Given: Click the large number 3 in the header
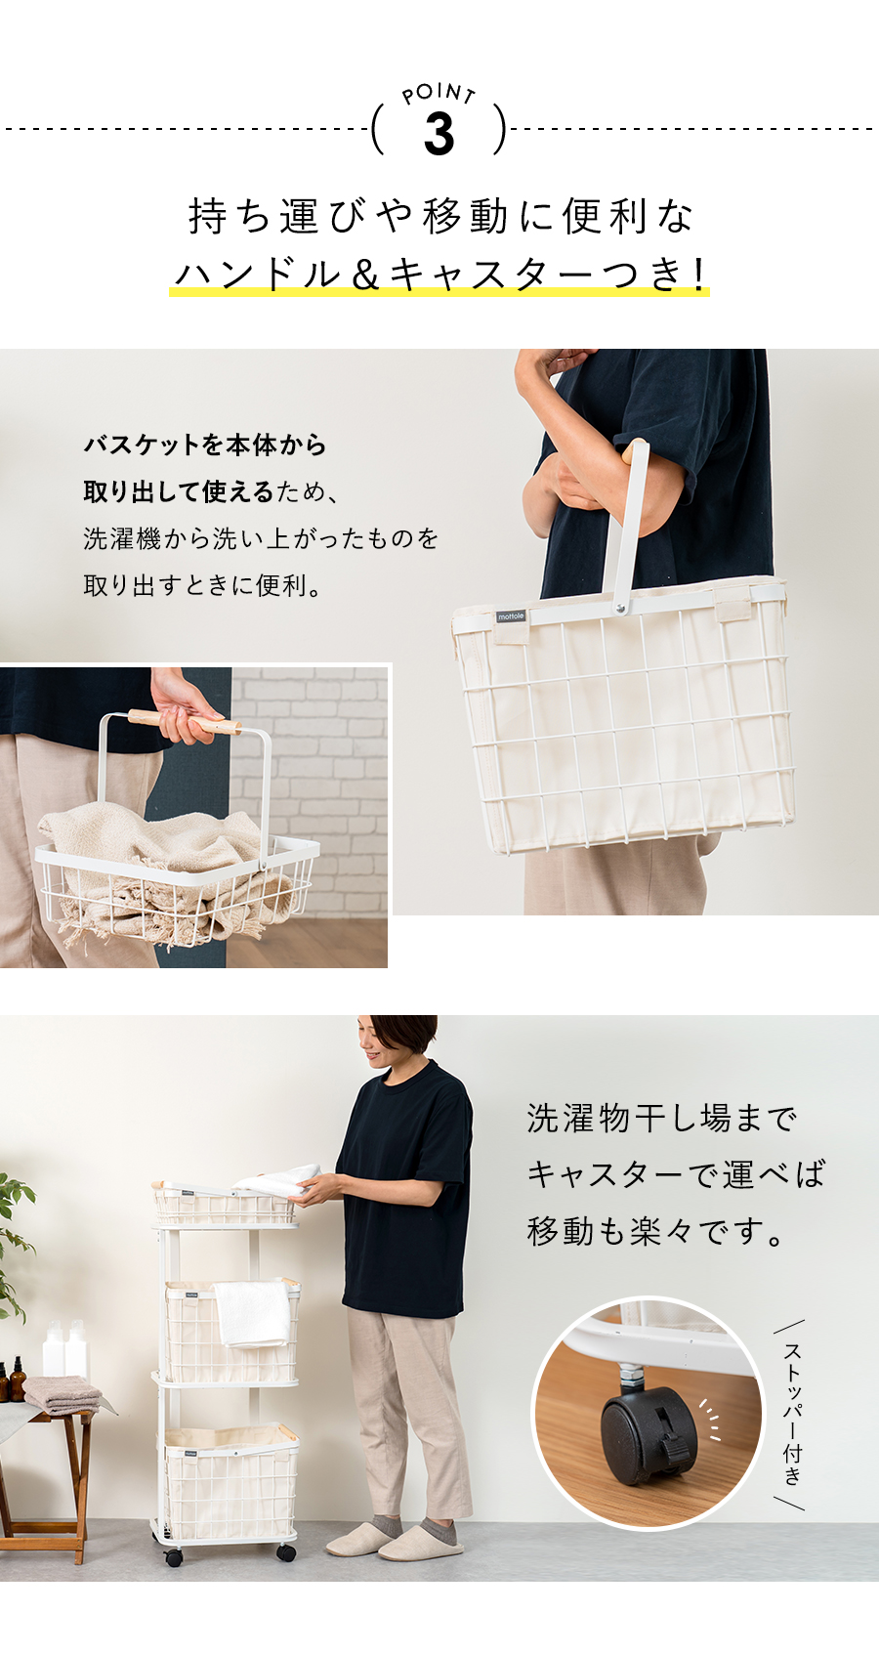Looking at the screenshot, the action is click(439, 134).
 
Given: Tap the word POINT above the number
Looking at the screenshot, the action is click(439, 93).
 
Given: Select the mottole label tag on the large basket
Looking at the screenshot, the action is click(511, 616).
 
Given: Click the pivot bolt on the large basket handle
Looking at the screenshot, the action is click(620, 608).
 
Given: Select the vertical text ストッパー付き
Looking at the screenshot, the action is click(792, 1413).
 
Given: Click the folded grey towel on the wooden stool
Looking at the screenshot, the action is click(63, 1392).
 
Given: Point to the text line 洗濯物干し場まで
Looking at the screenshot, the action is click(661, 1118).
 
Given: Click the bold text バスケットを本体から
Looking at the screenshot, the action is click(205, 446).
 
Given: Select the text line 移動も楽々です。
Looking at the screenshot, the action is click(655, 1231).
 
